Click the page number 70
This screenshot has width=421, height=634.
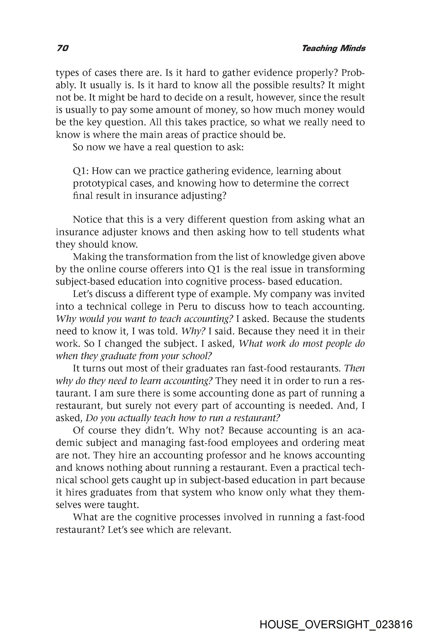point(63,48)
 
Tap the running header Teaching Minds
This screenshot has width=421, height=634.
point(334,48)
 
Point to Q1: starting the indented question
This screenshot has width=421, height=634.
point(81,171)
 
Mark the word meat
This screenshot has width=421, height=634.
point(354,443)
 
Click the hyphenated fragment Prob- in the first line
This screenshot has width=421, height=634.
point(353,73)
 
